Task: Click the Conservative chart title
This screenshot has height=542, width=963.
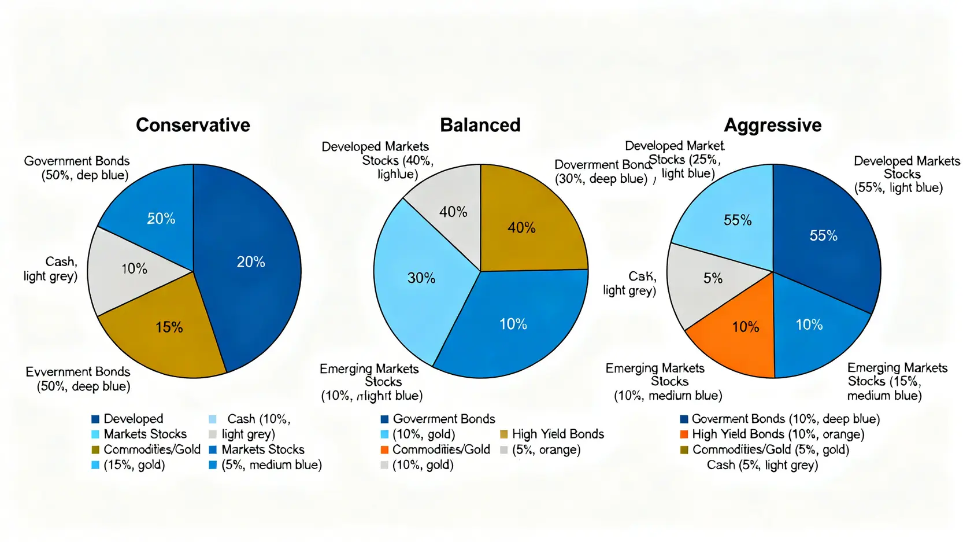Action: click(x=192, y=125)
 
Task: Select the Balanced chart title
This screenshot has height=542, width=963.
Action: click(x=480, y=125)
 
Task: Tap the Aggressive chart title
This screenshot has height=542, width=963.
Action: click(x=772, y=125)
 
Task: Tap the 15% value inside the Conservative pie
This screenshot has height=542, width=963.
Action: click(x=169, y=327)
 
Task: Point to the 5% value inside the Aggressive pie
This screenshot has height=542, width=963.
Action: click(x=713, y=278)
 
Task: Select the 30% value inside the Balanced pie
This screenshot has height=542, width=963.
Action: click(x=421, y=278)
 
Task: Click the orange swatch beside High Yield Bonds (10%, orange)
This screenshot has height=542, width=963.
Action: click(x=684, y=434)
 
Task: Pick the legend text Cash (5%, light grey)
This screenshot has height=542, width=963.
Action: click(x=762, y=465)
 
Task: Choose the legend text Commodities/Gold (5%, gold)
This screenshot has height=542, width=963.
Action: click(x=771, y=449)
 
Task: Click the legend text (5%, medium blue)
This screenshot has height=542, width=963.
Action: click(x=271, y=465)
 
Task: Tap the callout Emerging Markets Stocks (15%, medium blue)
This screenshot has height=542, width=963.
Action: click(x=897, y=382)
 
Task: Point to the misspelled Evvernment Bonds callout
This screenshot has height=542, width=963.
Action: click(x=78, y=379)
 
